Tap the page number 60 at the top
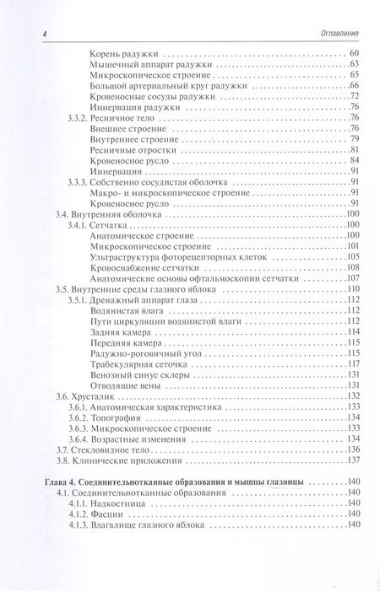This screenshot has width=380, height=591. [355, 55]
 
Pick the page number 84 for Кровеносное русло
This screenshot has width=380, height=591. [355, 160]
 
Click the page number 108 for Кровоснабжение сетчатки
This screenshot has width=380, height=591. [353, 268]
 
